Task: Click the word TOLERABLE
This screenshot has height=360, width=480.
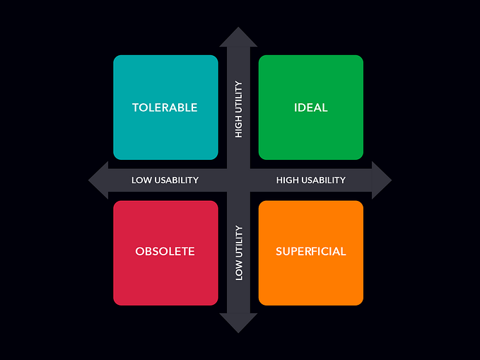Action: (165, 108)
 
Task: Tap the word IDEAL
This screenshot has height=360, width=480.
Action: (311, 108)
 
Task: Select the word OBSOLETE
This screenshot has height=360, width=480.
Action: (165, 251)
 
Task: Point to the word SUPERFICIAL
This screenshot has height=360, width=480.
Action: (311, 251)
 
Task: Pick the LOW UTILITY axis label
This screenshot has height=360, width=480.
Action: (239, 252)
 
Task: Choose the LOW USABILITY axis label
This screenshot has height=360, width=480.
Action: (165, 180)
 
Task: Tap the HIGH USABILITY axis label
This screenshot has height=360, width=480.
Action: (311, 180)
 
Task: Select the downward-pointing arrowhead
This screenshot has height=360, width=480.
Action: (238, 323)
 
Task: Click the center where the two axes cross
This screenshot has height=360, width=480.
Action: (238, 180)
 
